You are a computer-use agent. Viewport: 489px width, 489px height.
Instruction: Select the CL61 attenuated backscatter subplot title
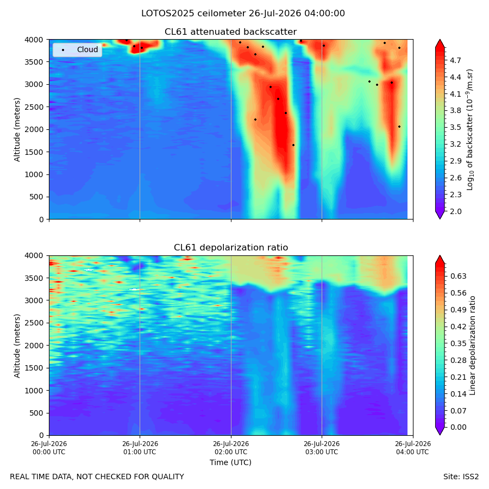[x=231, y=32]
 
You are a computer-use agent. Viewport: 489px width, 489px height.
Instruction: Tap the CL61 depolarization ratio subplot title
[x=231, y=248]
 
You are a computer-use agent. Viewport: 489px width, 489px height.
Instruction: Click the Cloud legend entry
[x=77, y=49]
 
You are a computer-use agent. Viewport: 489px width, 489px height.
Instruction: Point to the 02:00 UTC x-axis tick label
[x=231, y=448]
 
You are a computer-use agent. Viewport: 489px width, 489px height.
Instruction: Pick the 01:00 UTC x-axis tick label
[x=140, y=448]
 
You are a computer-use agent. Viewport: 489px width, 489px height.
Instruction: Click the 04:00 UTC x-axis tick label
[x=413, y=448]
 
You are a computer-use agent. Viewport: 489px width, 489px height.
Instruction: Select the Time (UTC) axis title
[x=230, y=462]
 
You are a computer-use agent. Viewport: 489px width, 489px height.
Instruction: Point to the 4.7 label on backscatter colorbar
[x=455, y=60]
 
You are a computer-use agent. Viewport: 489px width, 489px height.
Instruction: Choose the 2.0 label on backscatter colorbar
[x=455, y=211]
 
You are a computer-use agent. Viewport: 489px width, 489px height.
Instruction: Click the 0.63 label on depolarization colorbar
[x=458, y=277]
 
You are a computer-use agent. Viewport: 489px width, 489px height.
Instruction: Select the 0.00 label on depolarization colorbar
[x=458, y=427]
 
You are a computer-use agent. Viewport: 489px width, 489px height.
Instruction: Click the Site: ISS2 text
[x=461, y=477]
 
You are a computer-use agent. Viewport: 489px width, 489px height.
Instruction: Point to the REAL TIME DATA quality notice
[x=97, y=477]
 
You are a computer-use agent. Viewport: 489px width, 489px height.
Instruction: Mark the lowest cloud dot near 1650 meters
[x=293, y=145]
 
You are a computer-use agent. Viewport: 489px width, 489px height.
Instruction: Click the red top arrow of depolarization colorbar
[x=440, y=259]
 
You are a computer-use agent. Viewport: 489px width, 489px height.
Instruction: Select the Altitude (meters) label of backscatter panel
[x=17, y=130]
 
